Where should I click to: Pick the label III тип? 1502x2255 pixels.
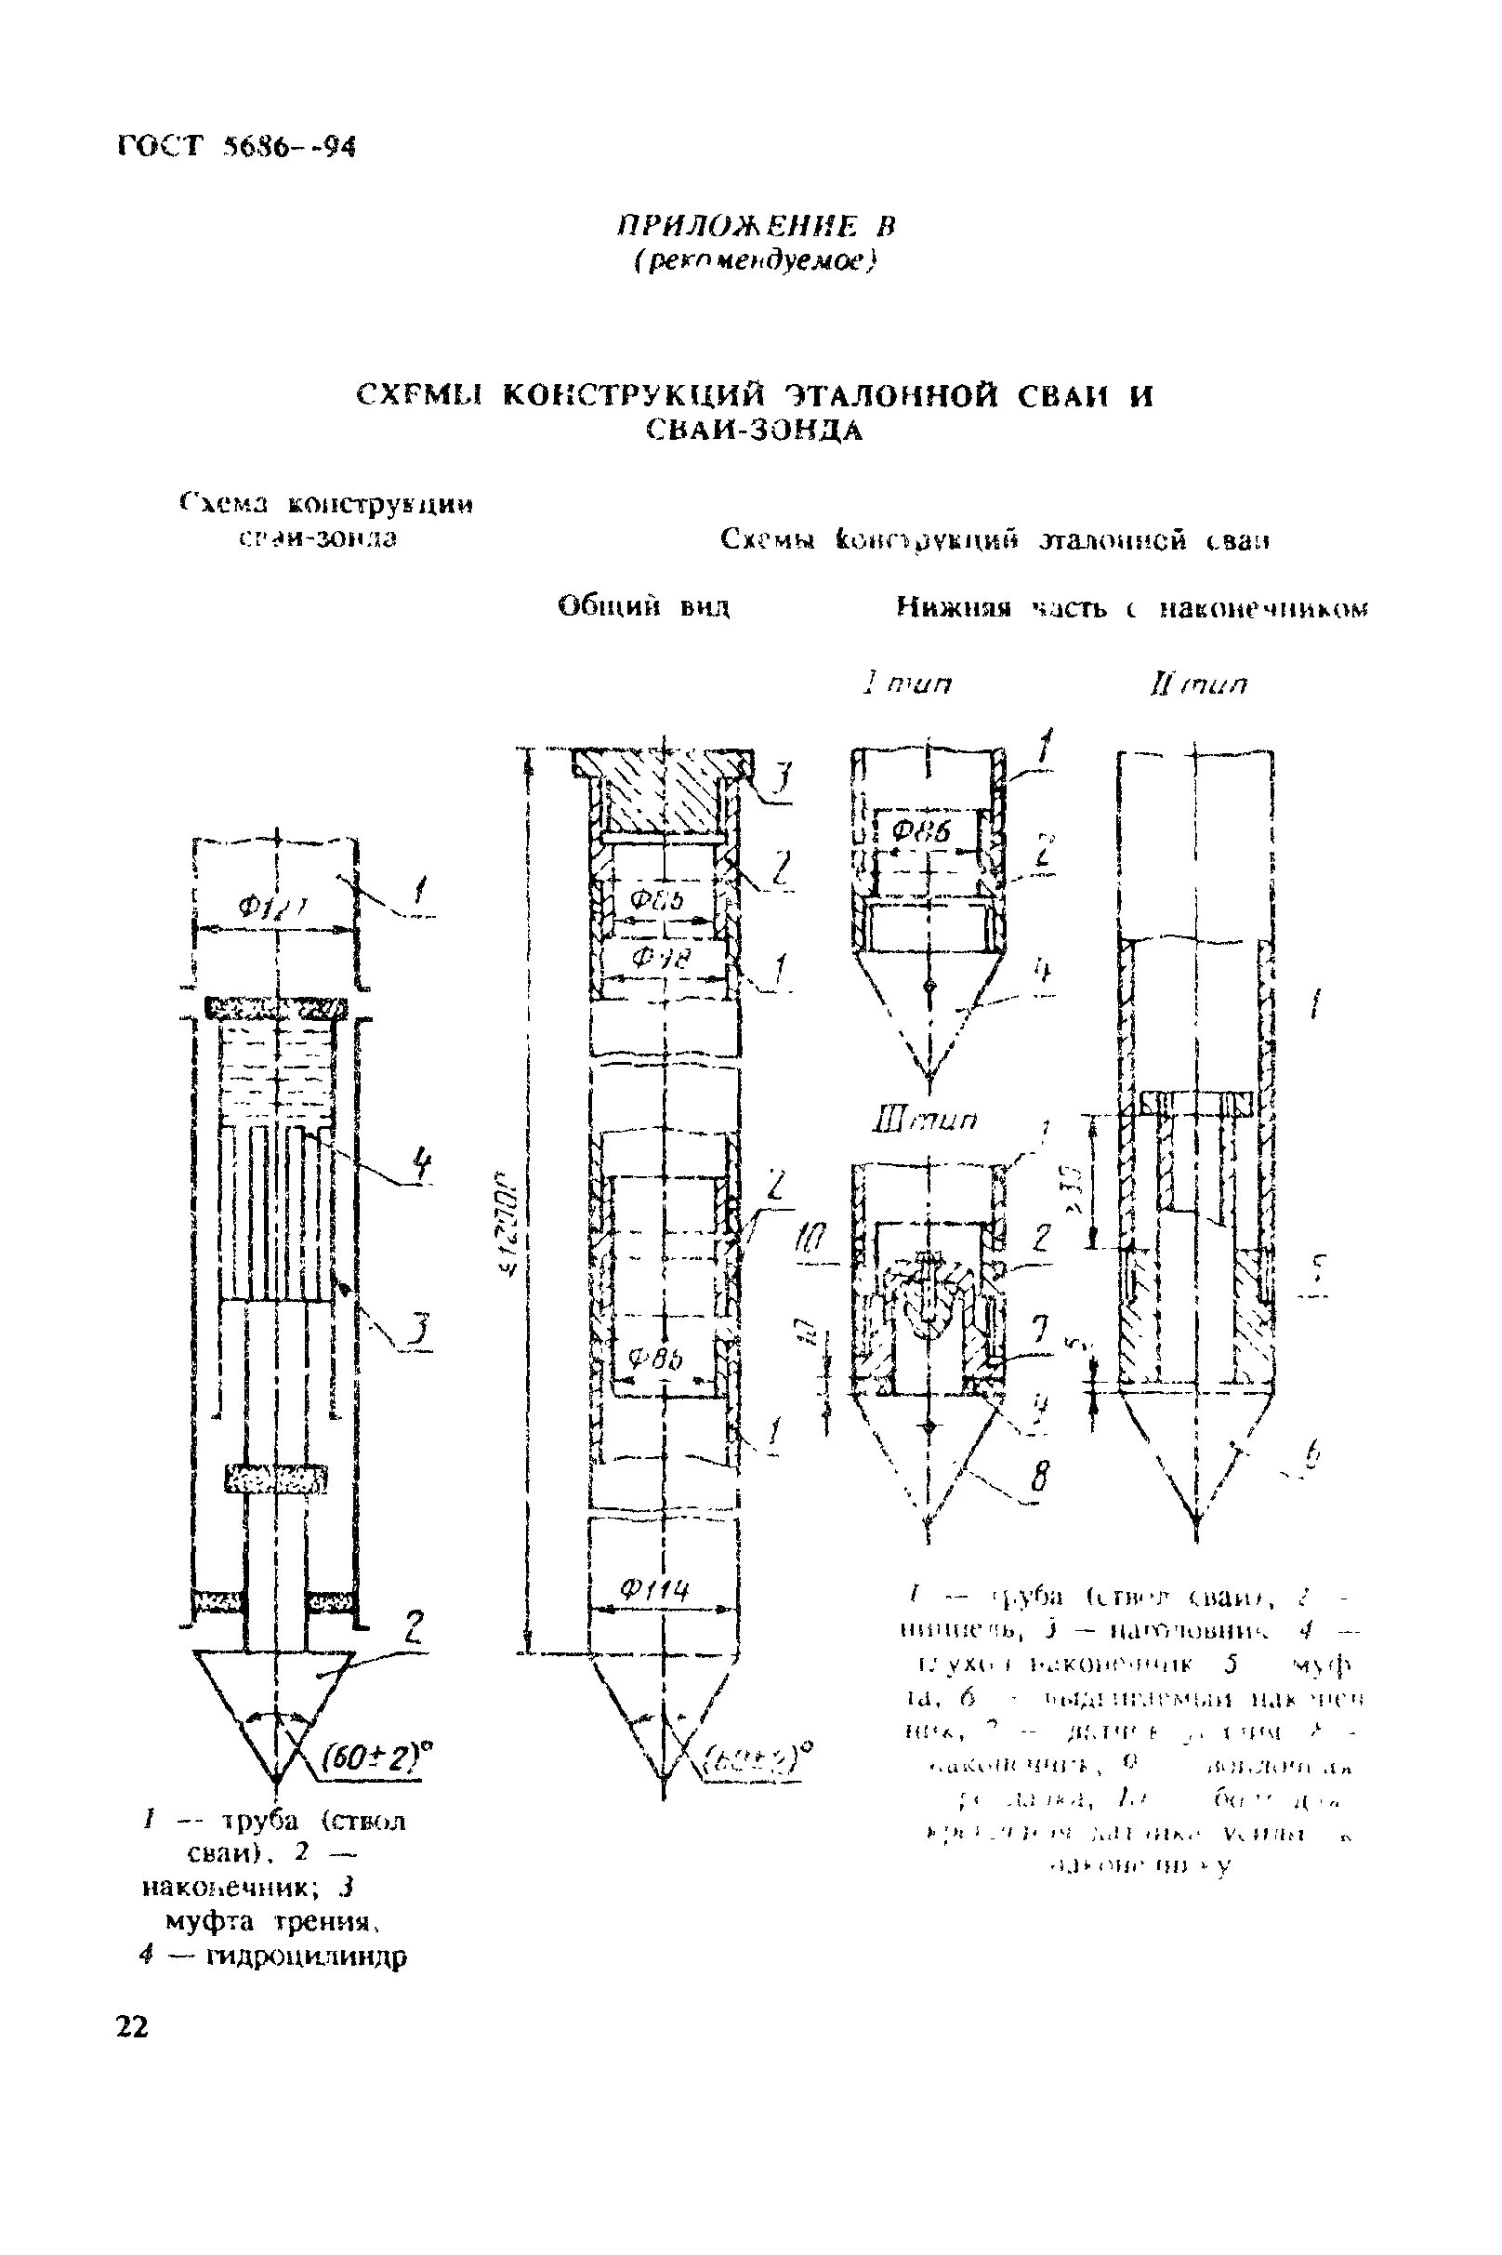[920, 1120]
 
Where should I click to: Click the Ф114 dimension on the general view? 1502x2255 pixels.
[654, 1592]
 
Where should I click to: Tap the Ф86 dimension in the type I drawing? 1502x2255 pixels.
[921, 832]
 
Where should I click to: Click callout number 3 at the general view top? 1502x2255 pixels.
[783, 777]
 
